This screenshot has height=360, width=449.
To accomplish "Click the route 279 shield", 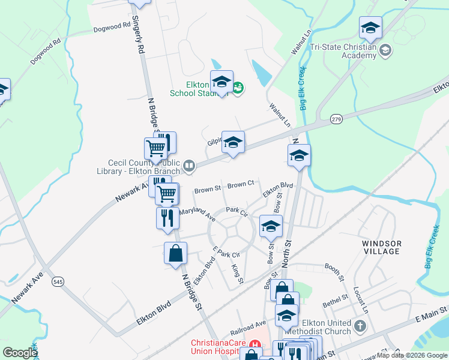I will (x=336, y=121).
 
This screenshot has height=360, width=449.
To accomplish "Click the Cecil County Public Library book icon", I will (x=189, y=165).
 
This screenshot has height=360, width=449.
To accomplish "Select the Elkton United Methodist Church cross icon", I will (x=360, y=326).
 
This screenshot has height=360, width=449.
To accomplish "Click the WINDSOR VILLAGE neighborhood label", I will (x=381, y=247).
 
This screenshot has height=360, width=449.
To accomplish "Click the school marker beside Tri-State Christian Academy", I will (x=370, y=28).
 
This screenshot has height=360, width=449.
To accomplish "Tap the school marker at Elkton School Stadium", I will (x=221, y=83).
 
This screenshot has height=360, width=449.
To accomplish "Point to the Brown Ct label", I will (x=241, y=184).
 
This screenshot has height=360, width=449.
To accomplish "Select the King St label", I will (x=237, y=272).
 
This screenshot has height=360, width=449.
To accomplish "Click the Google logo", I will (x=20, y=353).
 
